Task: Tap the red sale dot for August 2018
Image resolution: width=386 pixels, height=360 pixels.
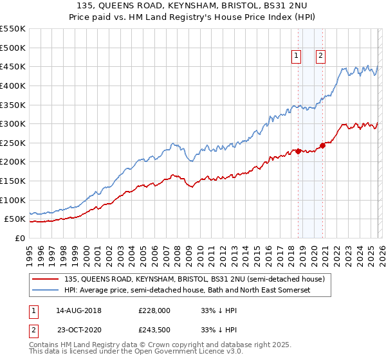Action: tap(298, 151)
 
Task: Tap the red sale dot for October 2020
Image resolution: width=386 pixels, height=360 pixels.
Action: tap(323, 145)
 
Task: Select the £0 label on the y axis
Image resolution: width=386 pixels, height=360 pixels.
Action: tap(21, 238)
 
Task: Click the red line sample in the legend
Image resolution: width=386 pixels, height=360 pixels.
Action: tap(46, 279)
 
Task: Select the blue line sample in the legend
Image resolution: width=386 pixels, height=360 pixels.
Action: tap(46, 291)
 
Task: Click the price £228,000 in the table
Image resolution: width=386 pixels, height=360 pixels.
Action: tap(154, 310)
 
